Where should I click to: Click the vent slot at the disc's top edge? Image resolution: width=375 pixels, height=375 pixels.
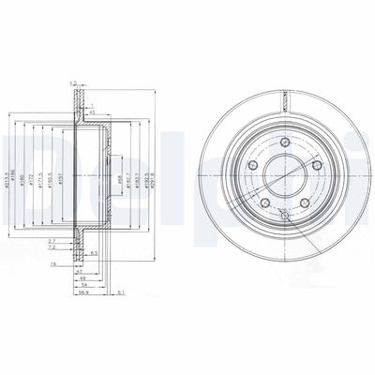click(x=284, y=95)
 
